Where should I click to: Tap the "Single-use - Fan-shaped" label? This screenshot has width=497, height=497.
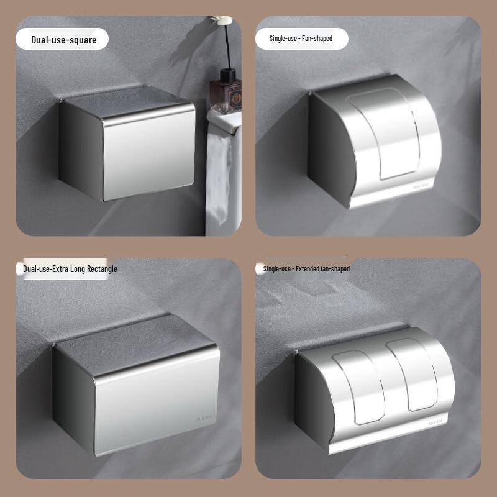pos(301,39)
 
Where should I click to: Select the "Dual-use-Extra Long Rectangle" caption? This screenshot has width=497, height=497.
pos(70,269)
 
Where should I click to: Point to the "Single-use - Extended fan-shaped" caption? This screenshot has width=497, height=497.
pos(306,269)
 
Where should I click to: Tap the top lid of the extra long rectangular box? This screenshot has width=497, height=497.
pos(134,340)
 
